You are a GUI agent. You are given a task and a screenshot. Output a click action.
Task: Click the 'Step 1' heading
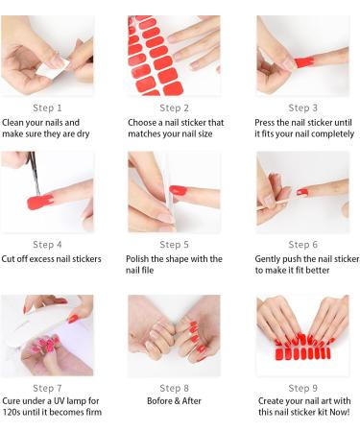[x=47, y=108]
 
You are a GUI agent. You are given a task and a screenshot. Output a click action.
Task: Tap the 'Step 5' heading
[x=174, y=245]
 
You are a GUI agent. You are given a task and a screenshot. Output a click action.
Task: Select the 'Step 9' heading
[x=302, y=388]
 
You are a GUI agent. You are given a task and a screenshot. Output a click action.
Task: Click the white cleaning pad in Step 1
[x=53, y=69]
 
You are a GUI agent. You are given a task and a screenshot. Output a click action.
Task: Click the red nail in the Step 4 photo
[x=39, y=202]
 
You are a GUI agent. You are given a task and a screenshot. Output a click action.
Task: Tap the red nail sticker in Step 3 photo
[x=304, y=61]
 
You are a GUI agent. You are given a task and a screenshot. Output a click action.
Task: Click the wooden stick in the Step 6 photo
[x=272, y=204]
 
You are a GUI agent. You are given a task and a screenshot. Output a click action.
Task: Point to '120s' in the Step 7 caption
[x=12, y=412]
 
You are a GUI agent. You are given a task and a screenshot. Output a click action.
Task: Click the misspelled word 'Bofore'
[x=160, y=400]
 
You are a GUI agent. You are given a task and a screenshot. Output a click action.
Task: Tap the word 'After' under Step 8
[x=192, y=400]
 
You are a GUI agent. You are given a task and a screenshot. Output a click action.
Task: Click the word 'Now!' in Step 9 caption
[x=340, y=412]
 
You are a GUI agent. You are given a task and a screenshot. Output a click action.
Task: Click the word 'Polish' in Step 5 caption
[x=137, y=258]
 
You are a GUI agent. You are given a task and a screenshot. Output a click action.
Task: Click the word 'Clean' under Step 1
[x=12, y=122]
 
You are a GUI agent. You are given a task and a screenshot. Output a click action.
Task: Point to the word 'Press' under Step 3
[x=265, y=122]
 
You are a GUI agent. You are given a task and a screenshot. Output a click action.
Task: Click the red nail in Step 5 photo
[x=178, y=190]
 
